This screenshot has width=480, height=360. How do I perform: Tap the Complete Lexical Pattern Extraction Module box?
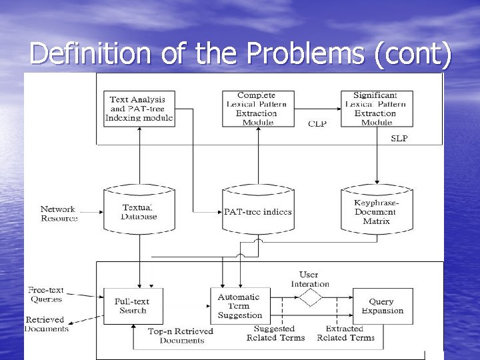click(257, 109)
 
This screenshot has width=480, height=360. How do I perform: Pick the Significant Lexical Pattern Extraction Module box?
click(377, 109)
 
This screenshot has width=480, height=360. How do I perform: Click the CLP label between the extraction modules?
click(317, 124)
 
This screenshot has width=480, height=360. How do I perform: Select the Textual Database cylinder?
click(139, 211)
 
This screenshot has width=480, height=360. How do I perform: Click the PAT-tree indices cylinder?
click(257, 211)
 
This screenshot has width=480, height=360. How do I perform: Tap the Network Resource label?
click(59, 213)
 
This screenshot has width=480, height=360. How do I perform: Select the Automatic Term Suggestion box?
click(240, 306)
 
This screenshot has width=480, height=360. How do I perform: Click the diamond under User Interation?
click(309, 297)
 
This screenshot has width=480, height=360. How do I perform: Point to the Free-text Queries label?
click(46, 295)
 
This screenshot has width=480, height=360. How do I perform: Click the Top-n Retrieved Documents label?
click(181, 335)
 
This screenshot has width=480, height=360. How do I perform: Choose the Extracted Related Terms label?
click(345, 333)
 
